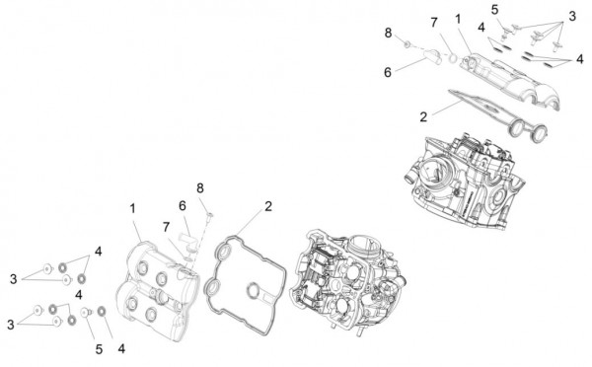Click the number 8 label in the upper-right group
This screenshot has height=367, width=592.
389,33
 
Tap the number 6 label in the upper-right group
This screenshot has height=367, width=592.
388,71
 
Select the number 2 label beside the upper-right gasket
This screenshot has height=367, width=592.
423,115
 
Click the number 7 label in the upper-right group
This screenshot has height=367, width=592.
432,22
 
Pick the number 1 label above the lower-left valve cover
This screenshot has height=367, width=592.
132,208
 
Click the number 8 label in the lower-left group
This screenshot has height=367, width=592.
200,187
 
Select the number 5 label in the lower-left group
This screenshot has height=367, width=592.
98,348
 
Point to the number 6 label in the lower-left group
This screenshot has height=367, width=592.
182,205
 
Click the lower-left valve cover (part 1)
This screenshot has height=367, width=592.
153,286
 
